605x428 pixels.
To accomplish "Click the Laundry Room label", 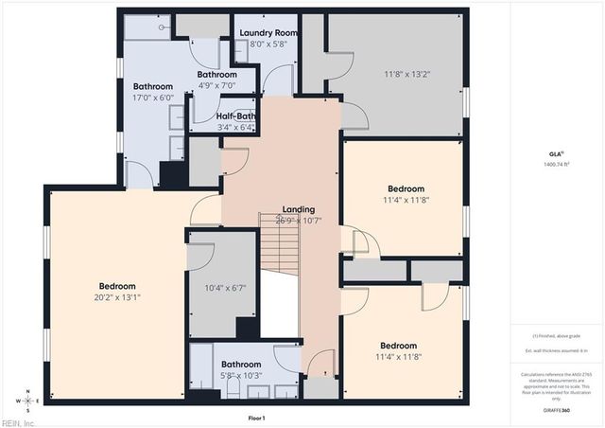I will (268, 33).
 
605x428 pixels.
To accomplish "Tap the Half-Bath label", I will (235, 116).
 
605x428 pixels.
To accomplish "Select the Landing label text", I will (299, 209).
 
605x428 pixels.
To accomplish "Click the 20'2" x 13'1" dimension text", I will (118, 296).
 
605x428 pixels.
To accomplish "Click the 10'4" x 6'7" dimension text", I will (225, 288).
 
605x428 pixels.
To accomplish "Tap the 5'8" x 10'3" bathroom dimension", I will (241, 375).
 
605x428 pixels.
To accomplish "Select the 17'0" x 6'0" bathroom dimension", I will (153, 97).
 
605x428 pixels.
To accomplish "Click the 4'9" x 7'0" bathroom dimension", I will (216, 85).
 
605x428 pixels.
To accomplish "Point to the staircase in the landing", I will (280, 246).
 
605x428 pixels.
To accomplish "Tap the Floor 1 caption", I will (256, 418).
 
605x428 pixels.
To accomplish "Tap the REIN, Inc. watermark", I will (19, 422).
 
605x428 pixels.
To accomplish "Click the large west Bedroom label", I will (118, 286).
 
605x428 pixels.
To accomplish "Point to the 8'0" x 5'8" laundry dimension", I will (268, 44).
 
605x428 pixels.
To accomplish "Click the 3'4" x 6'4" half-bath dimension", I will (235, 127).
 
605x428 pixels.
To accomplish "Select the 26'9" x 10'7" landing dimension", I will (299, 220).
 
